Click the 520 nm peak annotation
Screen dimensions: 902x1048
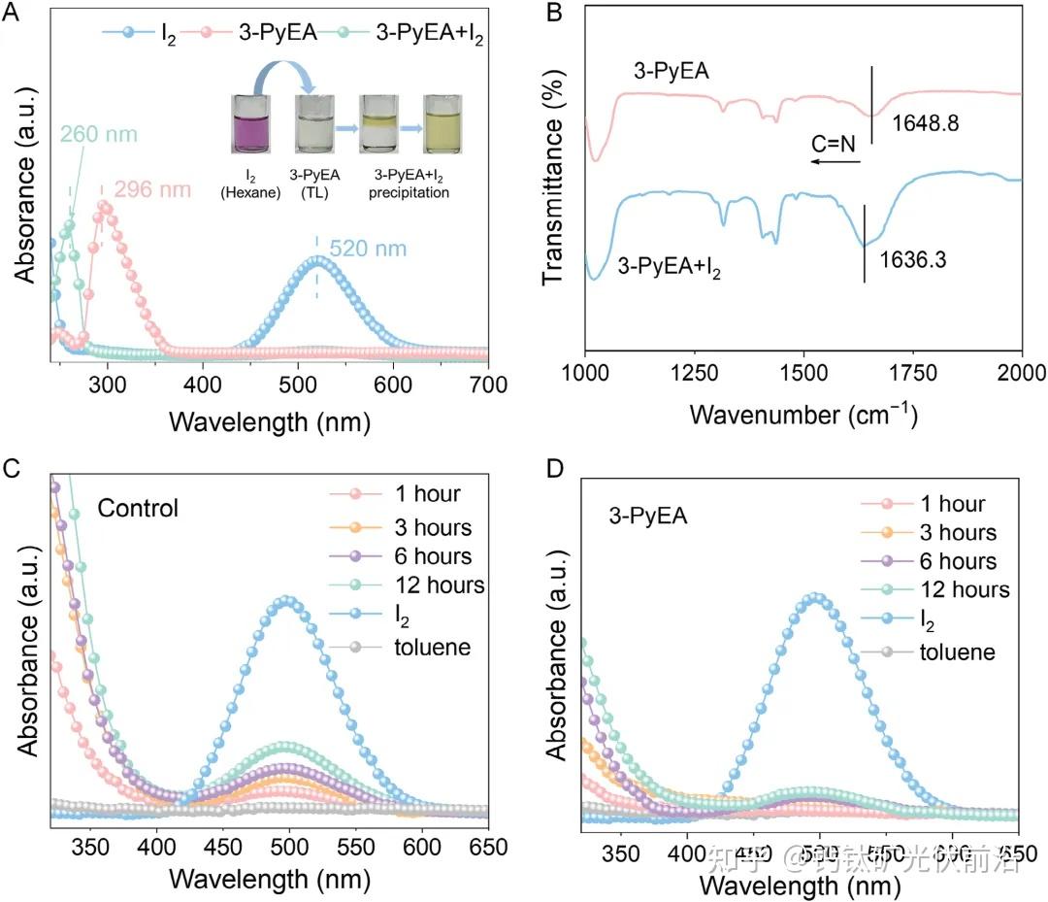click(368, 249)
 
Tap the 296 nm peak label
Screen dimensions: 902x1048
click(152, 189)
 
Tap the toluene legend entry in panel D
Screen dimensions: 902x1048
click(934, 651)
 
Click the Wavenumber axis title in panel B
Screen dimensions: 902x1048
click(803, 415)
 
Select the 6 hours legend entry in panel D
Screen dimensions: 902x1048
click(930, 561)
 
